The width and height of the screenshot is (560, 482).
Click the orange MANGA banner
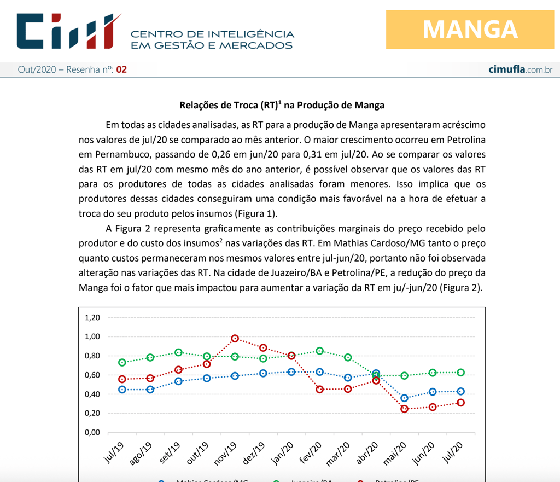470,29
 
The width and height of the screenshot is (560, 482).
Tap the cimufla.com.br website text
520,69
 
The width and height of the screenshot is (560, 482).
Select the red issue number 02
121,69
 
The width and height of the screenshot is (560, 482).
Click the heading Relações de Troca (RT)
282,105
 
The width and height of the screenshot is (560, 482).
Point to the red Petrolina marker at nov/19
235,339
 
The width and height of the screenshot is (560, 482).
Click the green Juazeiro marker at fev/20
319,351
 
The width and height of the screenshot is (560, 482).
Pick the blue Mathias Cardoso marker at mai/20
404,398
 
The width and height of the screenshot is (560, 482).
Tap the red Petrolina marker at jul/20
460,403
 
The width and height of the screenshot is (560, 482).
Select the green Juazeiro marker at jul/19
122,363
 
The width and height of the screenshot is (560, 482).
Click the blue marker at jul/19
122,390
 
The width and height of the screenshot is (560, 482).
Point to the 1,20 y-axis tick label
92,318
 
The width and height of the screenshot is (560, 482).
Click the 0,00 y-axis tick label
92,433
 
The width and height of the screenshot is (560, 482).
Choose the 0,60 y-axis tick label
92,375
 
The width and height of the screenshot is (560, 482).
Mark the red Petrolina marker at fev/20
319,390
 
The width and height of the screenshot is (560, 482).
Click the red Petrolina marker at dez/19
263,348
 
